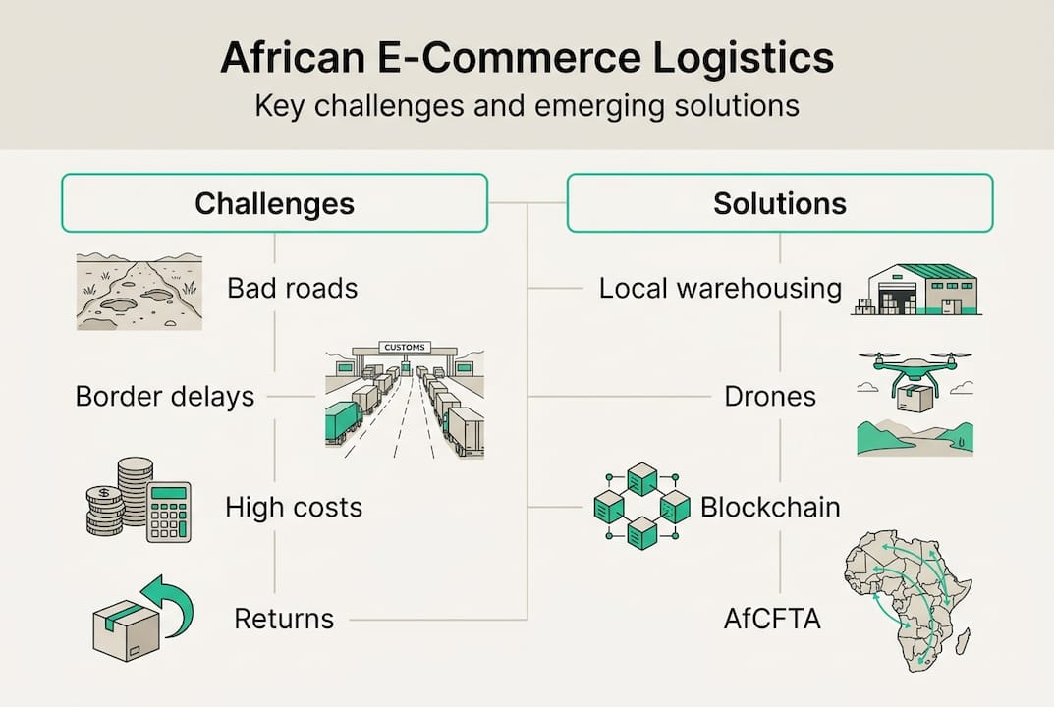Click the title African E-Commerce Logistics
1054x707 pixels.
(527, 58)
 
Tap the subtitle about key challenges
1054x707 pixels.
(527, 105)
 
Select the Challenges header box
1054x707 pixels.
(274, 203)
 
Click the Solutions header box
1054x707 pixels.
(779, 203)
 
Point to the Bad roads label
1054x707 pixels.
(292, 289)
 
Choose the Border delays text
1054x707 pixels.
(165, 397)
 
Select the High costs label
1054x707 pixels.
(294, 508)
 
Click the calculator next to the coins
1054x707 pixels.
(168, 512)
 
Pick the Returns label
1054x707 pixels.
(284, 620)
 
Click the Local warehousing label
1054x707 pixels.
(720, 289)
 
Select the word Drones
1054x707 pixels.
(770, 397)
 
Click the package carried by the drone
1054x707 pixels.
(914, 398)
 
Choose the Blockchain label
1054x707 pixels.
(770, 508)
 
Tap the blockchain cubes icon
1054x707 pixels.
(642, 507)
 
